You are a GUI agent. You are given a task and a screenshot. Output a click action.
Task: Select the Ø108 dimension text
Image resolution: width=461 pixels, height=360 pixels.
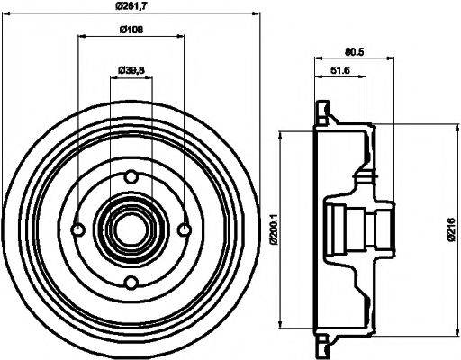click(131, 31)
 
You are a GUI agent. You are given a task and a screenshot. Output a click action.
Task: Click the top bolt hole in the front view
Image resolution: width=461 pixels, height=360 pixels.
click(131, 176)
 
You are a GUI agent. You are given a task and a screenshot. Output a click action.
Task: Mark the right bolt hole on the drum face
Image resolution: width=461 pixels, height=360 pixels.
click(185, 229)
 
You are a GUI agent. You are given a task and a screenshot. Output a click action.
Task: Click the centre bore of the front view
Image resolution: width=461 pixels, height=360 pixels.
click(131, 229)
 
